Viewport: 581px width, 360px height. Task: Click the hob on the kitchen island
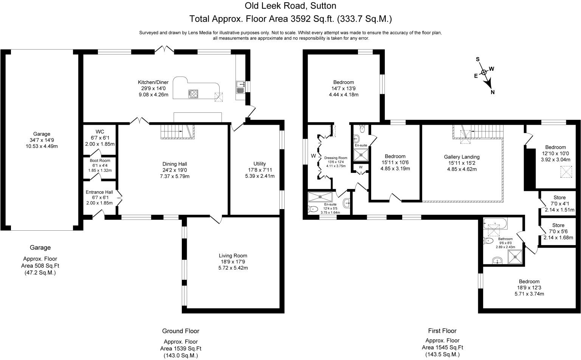pyautogui.click(x=193, y=94)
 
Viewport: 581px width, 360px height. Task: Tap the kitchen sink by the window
pyautogui.click(x=240, y=87)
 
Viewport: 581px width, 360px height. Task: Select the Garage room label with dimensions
pyautogui.click(x=42, y=140)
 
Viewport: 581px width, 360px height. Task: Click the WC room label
pyautogui.click(x=100, y=138)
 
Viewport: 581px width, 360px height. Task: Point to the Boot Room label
pyautogui.click(x=100, y=165)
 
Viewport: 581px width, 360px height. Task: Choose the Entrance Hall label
pyautogui.click(x=99, y=197)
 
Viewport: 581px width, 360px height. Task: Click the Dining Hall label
pyautogui.click(x=175, y=170)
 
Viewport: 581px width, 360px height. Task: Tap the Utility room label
pyautogui.click(x=260, y=170)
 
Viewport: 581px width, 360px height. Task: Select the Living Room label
pyautogui.click(x=233, y=262)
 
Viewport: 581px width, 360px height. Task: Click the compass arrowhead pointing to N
pyautogui.click(x=489, y=84)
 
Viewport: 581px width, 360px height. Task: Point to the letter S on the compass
pyautogui.click(x=477, y=59)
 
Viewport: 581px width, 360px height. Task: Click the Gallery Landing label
pyautogui.click(x=462, y=163)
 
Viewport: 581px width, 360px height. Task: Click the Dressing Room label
pyautogui.click(x=336, y=162)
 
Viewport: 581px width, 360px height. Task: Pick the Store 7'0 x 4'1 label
pyautogui.click(x=559, y=203)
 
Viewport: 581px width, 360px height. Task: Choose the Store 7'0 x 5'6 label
pyautogui.click(x=558, y=231)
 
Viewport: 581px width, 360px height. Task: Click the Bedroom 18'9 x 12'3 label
pyautogui.click(x=529, y=288)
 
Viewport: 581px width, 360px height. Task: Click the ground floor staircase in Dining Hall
pyautogui.click(x=177, y=132)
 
